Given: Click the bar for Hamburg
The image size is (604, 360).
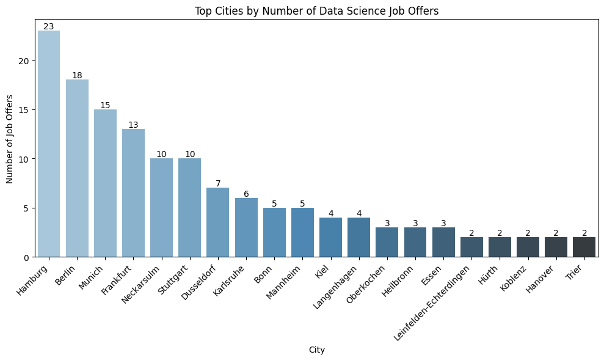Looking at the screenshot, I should [49, 144].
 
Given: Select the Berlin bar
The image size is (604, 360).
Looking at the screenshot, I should [77, 168].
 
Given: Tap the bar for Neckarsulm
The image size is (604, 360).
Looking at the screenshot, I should [161, 208].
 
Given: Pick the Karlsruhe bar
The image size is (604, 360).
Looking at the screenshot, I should [246, 227].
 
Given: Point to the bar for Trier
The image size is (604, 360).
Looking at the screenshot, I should [584, 247].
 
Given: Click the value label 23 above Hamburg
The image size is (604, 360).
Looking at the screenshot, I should [49, 26].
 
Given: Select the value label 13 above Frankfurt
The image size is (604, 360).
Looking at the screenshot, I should [133, 125].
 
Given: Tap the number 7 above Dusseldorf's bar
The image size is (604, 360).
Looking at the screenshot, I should [218, 183].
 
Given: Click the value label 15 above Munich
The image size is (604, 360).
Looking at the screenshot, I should [105, 105].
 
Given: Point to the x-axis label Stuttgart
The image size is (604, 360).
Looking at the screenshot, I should [173, 280].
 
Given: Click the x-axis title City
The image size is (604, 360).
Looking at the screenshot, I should [316, 350].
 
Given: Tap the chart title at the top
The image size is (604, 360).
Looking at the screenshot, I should [316, 11].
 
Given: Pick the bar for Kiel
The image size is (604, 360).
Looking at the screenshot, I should [330, 237].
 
